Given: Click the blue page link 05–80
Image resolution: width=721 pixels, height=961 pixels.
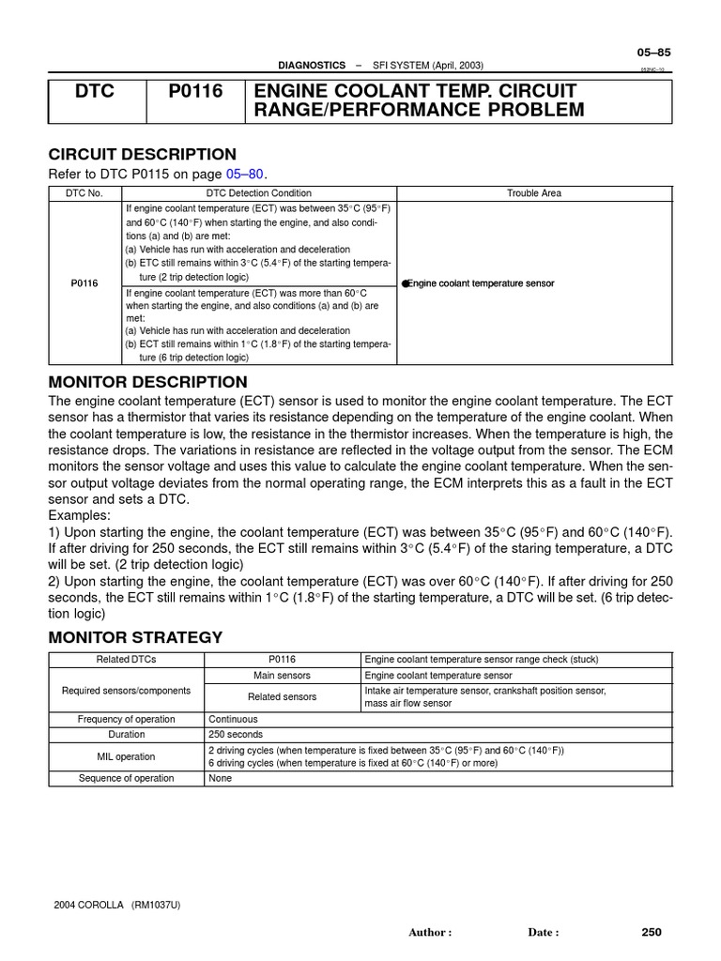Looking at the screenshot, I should tap(245, 175).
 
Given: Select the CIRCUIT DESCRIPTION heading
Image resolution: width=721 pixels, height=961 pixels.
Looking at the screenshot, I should tap(142, 155).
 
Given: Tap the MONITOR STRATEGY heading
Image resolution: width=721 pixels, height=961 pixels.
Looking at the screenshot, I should tap(135, 637).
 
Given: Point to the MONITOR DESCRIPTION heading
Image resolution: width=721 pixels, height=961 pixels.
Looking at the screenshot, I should tap(147, 382).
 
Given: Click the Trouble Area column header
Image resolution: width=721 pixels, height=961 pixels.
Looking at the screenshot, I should tap(534, 192).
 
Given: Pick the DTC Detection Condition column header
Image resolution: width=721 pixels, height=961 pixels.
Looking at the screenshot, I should tap(258, 192).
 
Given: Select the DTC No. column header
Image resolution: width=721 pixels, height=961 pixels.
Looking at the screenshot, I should tap(84, 192).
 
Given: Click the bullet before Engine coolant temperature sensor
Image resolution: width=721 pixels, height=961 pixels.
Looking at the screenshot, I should tap(405, 282).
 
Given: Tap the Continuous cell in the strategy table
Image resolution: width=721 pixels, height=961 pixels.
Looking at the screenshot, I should tap(233, 720).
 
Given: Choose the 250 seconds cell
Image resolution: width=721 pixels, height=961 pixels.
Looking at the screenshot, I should tap(236, 735).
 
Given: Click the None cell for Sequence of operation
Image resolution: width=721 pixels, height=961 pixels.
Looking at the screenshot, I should tap(220, 778).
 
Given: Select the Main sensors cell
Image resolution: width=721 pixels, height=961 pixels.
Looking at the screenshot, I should tap(282, 675).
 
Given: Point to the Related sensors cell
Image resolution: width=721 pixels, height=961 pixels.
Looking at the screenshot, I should tap(282, 696).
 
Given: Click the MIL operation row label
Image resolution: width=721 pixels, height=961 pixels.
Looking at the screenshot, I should tap(126, 756).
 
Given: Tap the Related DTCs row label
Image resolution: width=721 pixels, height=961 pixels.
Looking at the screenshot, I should tap(126, 660).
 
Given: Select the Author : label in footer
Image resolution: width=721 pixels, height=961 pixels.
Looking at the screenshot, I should tap(430, 933).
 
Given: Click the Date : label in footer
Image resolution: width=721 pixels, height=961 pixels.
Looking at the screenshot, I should tap(544, 933).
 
